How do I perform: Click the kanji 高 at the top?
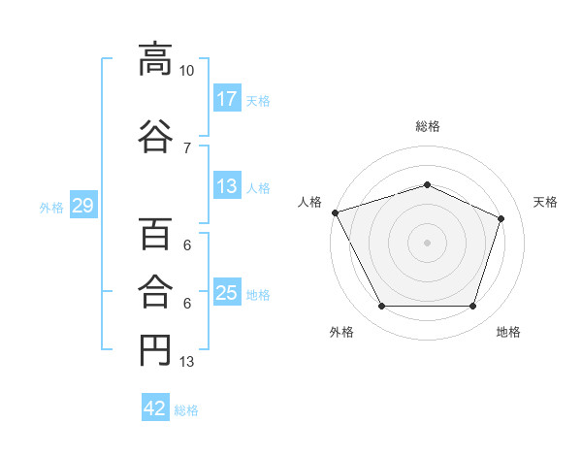click(153, 59)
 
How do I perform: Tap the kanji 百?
click(153, 236)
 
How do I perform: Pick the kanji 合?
click(153, 288)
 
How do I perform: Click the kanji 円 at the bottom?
click(153, 348)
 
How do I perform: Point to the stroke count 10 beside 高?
click(186, 72)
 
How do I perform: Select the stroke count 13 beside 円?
click(186, 363)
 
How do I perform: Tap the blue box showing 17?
click(227, 99)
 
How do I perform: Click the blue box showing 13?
click(227, 187)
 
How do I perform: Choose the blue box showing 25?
click(227, 294)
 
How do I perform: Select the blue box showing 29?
click(82, 207)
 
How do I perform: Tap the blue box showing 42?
click(155, 409)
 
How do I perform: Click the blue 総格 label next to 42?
click(186, 410)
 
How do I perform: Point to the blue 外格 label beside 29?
click(51, 208)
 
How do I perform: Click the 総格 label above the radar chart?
click(427, 126)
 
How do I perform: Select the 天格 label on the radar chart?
click(545, 202)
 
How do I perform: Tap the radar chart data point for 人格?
click(336, 212)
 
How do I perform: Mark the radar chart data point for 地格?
click(472, 307)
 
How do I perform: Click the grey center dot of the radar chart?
click(427, 242)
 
